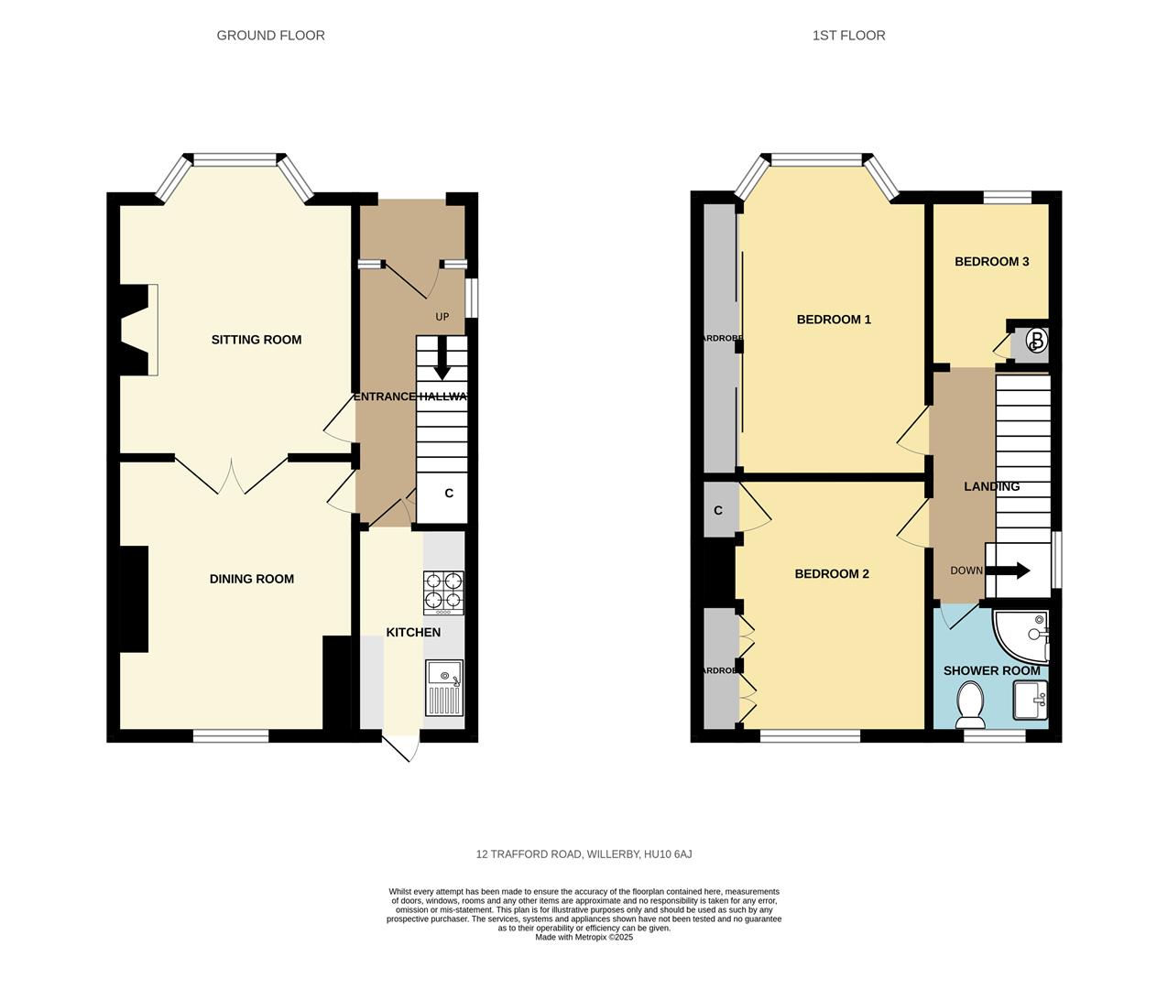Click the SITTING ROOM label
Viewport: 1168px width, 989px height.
pos(257,340)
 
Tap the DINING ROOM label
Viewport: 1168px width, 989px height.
pos(252,579)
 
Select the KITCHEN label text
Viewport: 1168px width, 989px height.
pos(413,633)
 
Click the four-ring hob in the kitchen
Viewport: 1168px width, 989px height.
pos(443,592)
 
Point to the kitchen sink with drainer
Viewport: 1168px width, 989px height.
pos(444,688)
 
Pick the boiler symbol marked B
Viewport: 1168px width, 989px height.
pos(1036,342)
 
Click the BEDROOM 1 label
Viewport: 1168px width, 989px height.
pos(834,320)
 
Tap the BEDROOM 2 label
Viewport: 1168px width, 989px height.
pos(832,574)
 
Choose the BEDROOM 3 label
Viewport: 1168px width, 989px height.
pos(991,262)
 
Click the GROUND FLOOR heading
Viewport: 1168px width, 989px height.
pos(270,36)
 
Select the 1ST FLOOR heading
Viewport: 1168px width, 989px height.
pos(848,36)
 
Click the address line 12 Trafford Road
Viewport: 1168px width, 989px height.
pos(584,854)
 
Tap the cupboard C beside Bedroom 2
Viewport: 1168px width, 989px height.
pos(718,511)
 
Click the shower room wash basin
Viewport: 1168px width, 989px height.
pos(1031,703)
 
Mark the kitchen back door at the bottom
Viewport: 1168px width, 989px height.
pos(402,746)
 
